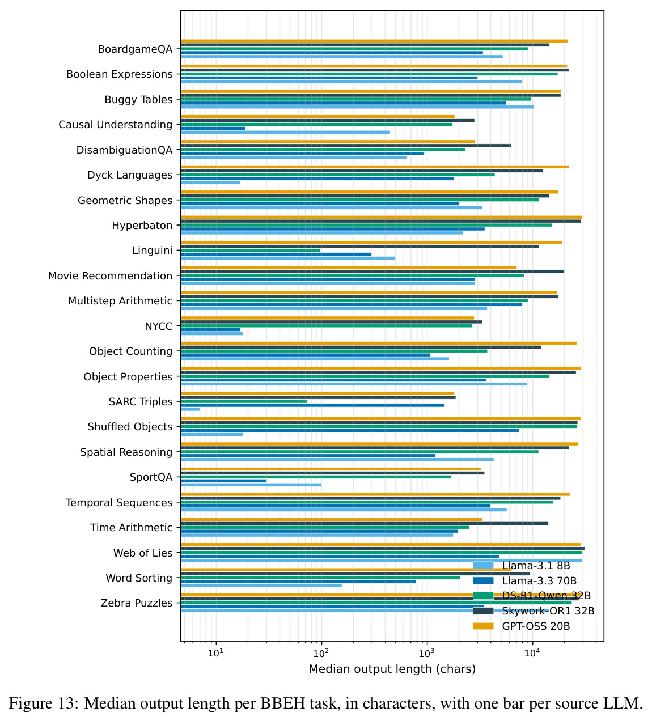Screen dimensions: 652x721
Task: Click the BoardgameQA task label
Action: point(135,49)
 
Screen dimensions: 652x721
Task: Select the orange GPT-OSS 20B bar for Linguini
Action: point(371,242)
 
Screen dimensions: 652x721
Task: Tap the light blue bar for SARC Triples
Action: point(190,409)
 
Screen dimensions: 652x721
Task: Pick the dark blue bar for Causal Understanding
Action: point(213,128)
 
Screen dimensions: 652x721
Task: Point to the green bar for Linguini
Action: point(250,250)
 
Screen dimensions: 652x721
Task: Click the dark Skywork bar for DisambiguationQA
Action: point(346,146)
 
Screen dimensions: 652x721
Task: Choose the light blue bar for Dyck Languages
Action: point(211,183)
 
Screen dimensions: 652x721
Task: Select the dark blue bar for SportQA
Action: point(224,481)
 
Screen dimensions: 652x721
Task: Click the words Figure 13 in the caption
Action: point(44,703)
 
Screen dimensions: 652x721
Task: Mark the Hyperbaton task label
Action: point(142,226)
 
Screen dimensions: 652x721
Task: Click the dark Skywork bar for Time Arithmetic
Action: point(365,523)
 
